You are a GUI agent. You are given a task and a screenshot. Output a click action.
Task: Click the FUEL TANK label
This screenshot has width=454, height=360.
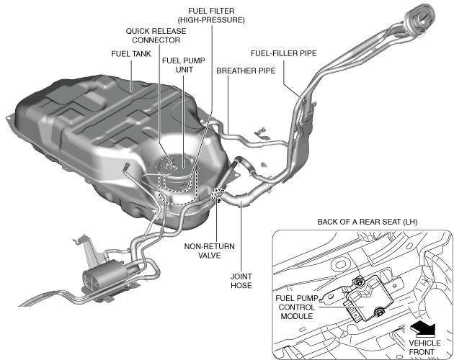[x=130, y=54]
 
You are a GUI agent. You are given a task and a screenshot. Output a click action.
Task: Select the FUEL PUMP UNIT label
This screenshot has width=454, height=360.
[x=182, y=66]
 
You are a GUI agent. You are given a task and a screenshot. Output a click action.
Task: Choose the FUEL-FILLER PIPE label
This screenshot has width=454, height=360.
[x=283, y=53]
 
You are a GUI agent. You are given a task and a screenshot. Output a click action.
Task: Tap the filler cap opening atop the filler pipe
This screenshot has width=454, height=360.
[x=422, y=14]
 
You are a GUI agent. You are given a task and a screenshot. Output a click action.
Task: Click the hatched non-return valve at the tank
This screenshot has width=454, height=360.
[x=217, y=193]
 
